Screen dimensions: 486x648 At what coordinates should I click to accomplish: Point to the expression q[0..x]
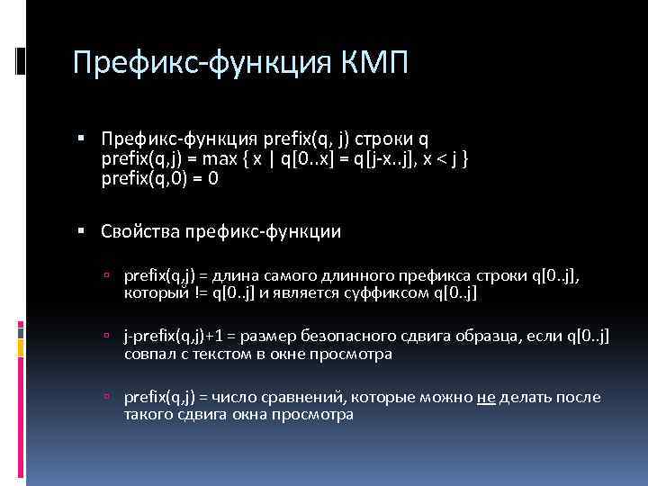pyautogui.click(x=306, y=159)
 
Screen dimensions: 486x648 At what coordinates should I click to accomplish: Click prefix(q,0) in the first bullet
pyautogui.click(x=147, y=177)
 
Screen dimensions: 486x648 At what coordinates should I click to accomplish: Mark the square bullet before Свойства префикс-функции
pyautogui.click(x=82, y=231)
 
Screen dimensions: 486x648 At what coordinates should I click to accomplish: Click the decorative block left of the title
pyautogui.click(x=19, y=59)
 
